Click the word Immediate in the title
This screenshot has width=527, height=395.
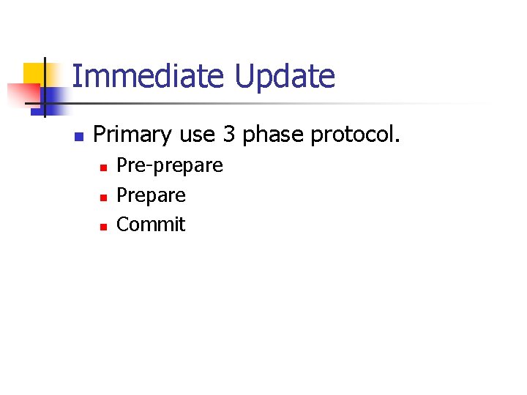point(149,76)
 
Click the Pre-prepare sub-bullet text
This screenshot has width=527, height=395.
point(170,166)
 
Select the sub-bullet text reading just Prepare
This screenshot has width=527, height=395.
point(152,195)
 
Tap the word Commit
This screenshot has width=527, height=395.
point(151,224)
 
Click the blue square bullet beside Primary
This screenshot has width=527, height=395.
point(79,137)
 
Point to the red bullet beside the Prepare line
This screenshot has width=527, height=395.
point(103,197)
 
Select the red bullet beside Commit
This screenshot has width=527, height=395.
point(103,226)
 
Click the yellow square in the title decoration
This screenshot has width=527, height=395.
point(34,73)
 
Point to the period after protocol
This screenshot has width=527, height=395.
point(397,141)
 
